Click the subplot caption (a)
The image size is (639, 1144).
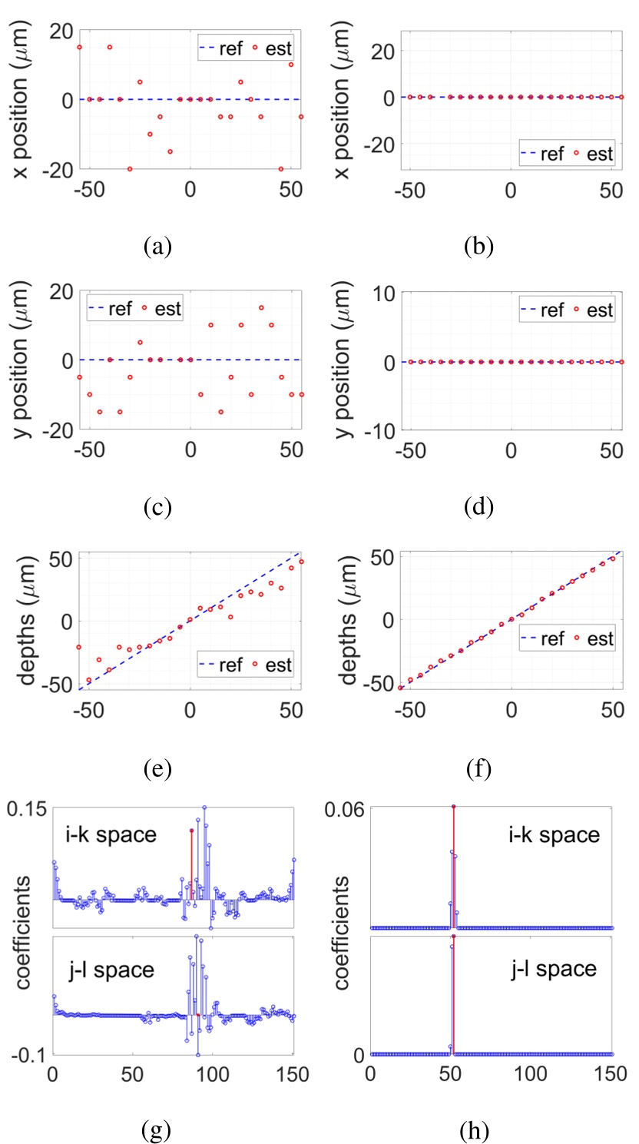(x=157, y=247)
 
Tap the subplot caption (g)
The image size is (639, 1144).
(x=157, y=1129)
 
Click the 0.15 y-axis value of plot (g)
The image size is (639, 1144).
(x=26, y=808)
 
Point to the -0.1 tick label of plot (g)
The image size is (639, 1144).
(x=28, y=1053)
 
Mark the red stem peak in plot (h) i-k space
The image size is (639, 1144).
(x=453, y=807)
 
